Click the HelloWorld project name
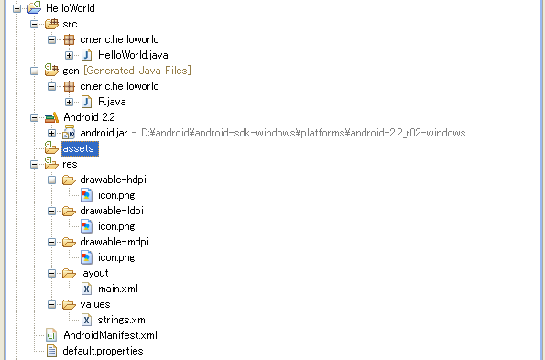click(x=70, y=8)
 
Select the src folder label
click(x=71, y=24)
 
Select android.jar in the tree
click(x=103, y=133)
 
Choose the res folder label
click(x=70, y=164)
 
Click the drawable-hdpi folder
click(x=113, y=180)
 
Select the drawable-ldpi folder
click(x=112, y=211)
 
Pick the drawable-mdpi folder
click(x=114, y=242)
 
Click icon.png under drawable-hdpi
click(x=115, y=195)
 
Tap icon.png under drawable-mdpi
click(x=115, y=257)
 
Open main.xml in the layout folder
click(x=117, y=289)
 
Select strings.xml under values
click(x=122, y=320)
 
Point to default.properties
click(x=102, y=351)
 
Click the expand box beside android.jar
click(x=52, y=133)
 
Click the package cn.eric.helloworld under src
click(x=119, y=39)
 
